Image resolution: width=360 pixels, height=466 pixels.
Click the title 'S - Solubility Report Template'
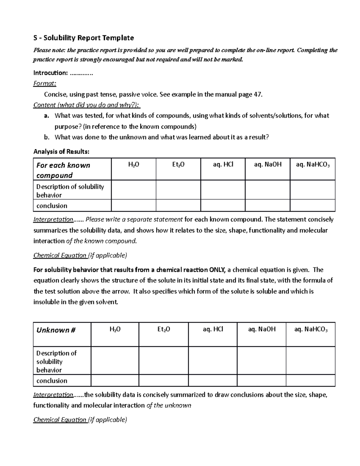tap(83, 38)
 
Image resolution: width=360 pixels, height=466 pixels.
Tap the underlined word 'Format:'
tap(44, 84)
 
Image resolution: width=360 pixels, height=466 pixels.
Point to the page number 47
tap(258, 95)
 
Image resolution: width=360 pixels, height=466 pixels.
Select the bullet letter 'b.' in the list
tap(46, 137)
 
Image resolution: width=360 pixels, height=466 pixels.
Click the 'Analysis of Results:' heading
tap(61, 152)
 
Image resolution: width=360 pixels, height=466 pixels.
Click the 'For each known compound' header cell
tap(63, 170)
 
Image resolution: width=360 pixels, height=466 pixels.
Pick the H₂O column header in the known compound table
tap(133, 164)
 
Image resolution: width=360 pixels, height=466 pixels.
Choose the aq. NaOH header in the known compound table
tap(268, 164)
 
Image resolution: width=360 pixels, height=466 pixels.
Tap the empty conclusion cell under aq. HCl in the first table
tap(223, 206)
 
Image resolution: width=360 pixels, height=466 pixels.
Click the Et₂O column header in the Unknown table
tap(163, 329)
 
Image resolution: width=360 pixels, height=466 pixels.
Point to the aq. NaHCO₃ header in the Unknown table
tap(311, 329)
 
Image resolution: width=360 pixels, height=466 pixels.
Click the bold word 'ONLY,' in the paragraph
tap(217, 270)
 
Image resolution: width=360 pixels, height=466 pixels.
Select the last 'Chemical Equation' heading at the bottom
tap(60, 420)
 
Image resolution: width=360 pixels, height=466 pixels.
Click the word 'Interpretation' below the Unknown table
tap(53, 395)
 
